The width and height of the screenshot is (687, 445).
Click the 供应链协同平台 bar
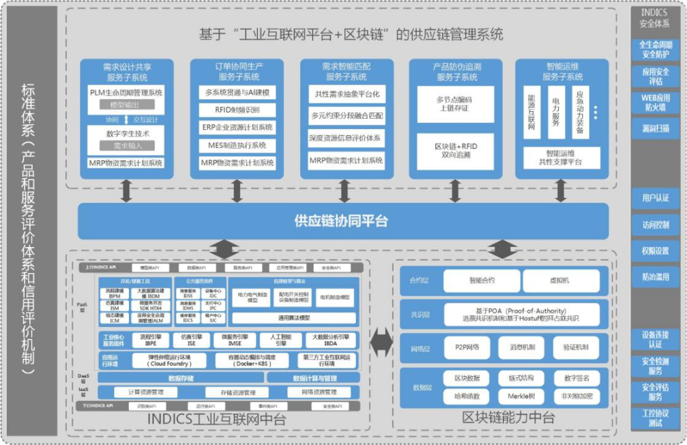(341, 220)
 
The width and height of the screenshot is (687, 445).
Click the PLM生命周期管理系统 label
(127, 92)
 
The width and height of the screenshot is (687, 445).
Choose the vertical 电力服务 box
(556, 113)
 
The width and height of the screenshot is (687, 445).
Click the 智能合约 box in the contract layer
(482, 281)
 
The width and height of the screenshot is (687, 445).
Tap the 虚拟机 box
(561, 281)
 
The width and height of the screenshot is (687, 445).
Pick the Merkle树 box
(521, 396)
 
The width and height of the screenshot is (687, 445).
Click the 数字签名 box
(576, 378)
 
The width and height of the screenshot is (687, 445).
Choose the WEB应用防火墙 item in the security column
(655, 102)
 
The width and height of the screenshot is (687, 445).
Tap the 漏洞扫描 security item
(655, 128)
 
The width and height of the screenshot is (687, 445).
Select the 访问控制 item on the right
(655, 225)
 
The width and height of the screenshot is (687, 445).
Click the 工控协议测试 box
(655, 417)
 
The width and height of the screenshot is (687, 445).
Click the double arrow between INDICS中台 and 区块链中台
(381, 341)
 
